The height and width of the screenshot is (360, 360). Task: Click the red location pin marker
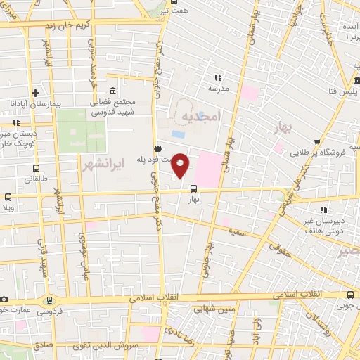[x=181, y=165]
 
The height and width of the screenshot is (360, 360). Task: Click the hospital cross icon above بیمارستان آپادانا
[x=36, y=92]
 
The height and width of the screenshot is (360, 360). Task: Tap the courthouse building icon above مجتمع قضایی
[x=113, y=90]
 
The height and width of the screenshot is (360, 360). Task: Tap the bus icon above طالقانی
[x=36, y=168]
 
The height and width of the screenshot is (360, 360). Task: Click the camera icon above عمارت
[x=4, y=300]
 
